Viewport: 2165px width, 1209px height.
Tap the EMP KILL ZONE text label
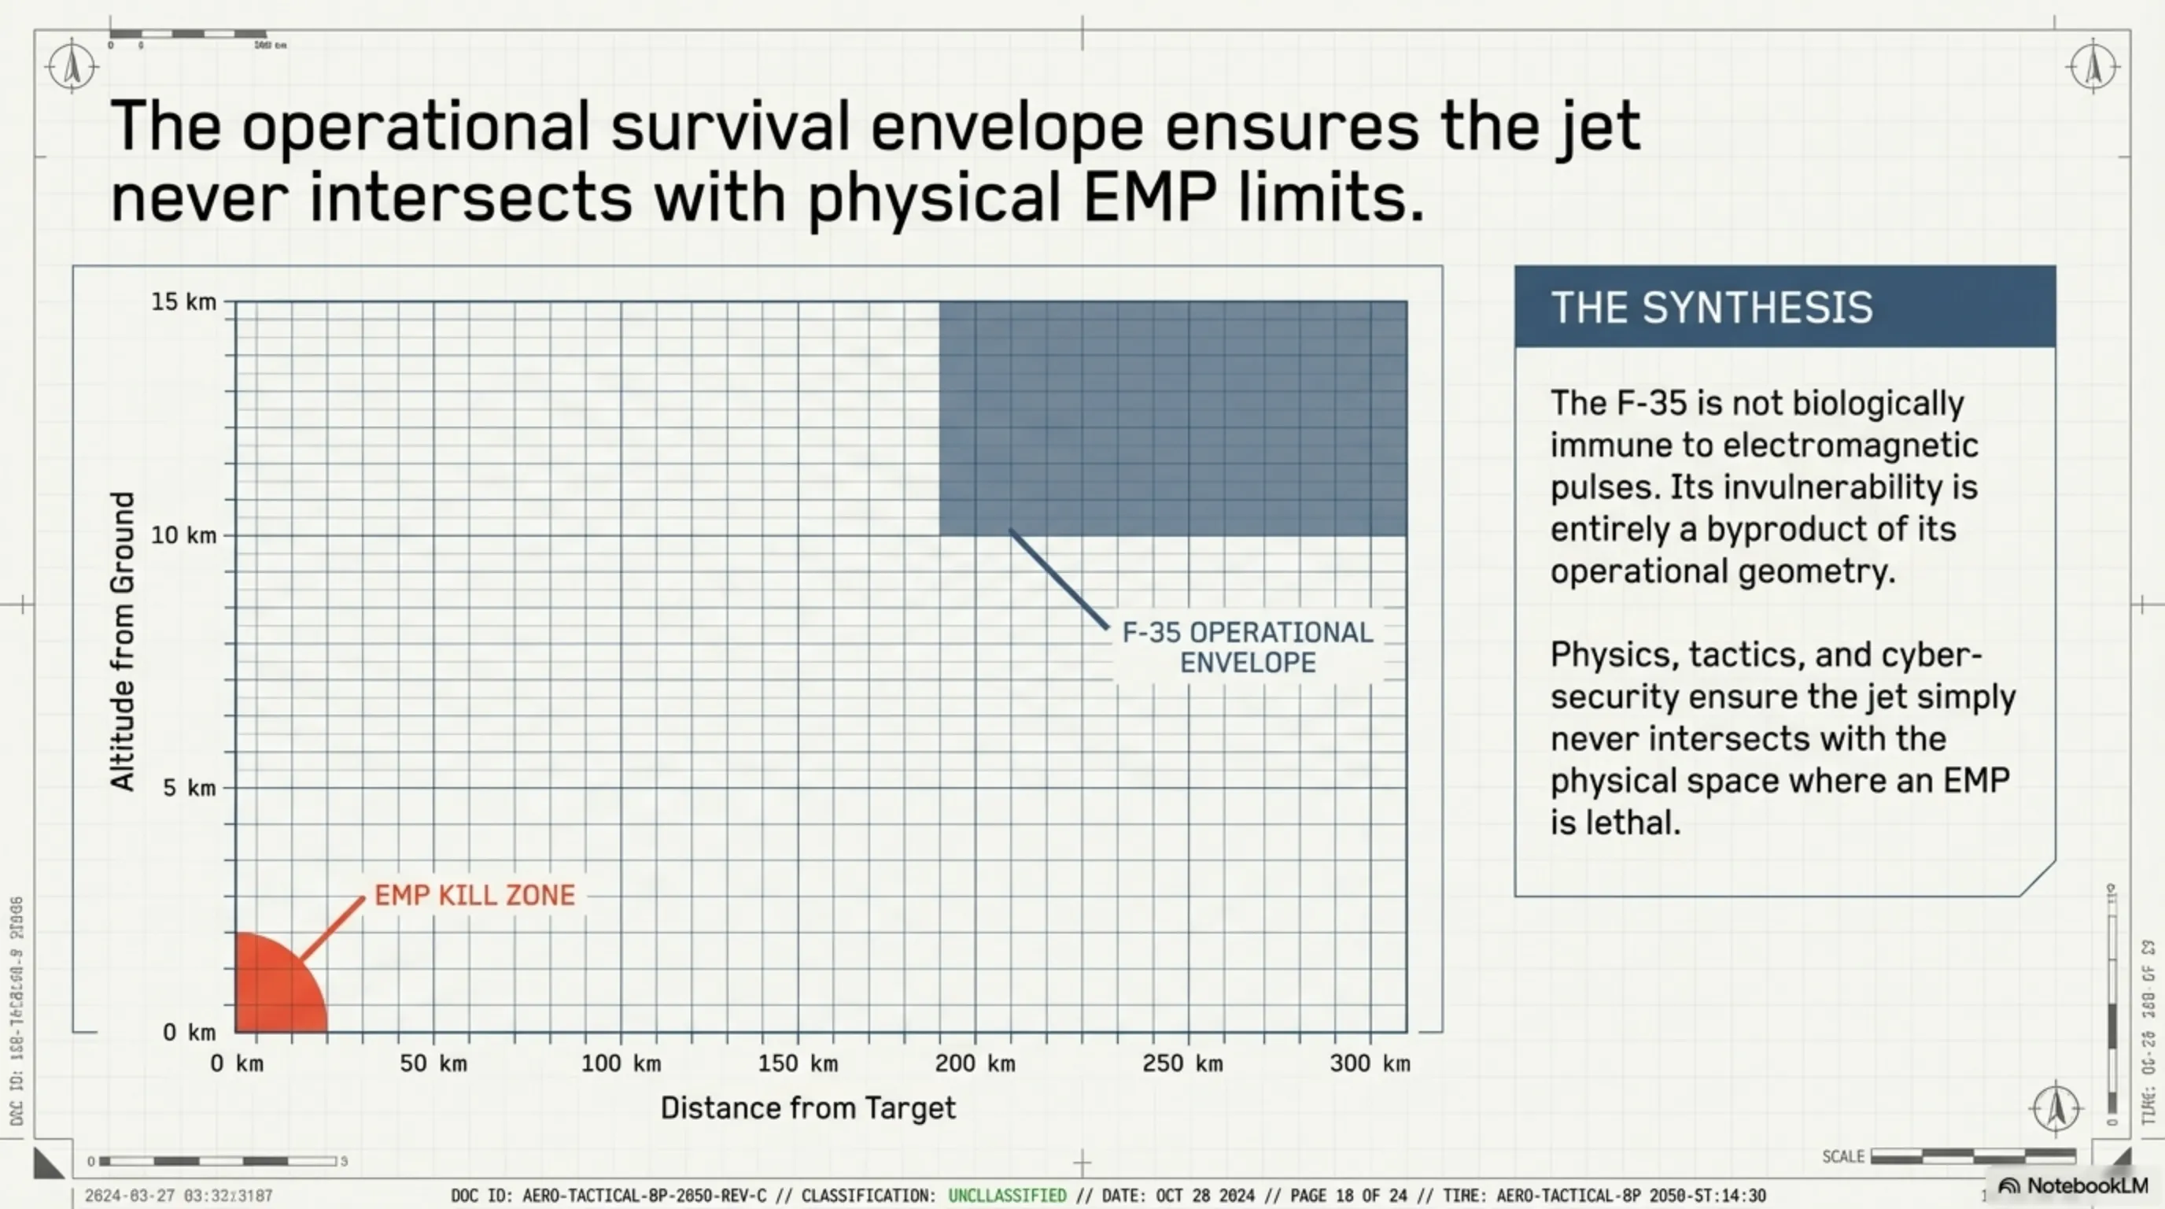pyautogui.click(x=475, y=896)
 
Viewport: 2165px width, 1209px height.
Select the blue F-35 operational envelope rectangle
pyautogui.click(x=1172, y=418)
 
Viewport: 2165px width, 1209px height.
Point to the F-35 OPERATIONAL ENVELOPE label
pyautogui.click(x=1247, y=647)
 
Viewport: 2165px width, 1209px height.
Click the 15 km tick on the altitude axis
pyautogui.click(x=183, y=301)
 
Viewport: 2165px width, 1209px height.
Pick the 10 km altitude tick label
pyautogui.click(x=183, y=534)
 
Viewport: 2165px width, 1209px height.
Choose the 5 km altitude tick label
pyautogui.click(x=189, y=788)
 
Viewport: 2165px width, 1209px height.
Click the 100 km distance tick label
pyautogui.click(x=621, y=1063)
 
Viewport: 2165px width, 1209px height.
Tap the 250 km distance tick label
pyautogui.click(x=1182, y=1063)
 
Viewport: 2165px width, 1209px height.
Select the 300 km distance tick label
pyautogui.click(x=1370, y=1063)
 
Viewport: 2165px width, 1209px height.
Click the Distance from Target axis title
pyautogui.click(x=808, y=1108)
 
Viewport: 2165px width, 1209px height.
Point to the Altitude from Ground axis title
pyautogui.click(x=123, y=641)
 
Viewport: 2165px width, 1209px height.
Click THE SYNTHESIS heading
pyautogui.click(x=1711, y=308)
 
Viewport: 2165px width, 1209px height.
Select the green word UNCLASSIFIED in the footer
pyautogui.click(x=1007, y=1196)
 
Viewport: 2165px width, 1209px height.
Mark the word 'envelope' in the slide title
pyautogui.click(x=1007, y=128)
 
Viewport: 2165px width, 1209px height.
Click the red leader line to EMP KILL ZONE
pyautogui.click(x=332, y=928)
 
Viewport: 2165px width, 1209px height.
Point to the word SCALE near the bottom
pyautogui.click(x=1842, y=1157)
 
